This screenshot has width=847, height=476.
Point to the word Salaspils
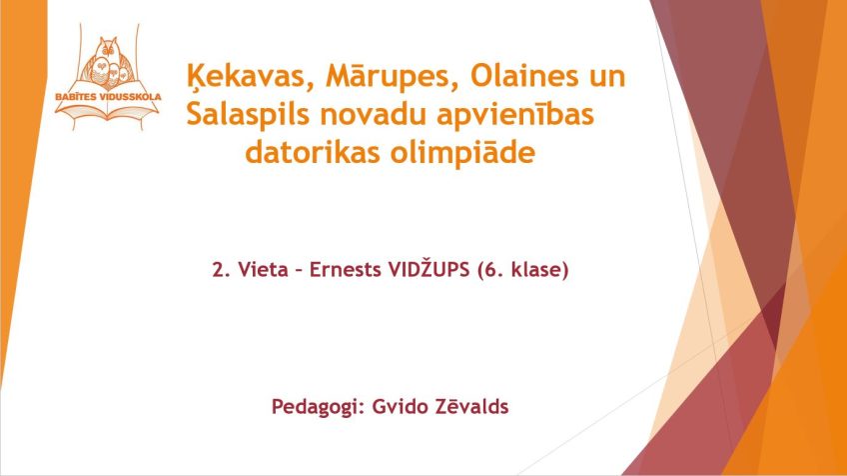click(248, 115)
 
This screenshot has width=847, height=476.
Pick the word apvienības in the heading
click(515, 115)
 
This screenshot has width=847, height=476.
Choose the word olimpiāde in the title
click(462, 153)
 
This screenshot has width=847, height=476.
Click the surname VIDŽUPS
click(428, 269)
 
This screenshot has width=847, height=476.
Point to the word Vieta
click(263, 269)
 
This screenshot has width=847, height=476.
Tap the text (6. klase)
click(523, 269)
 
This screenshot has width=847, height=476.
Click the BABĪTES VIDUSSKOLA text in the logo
click(108, 97)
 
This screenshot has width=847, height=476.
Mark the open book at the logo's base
click(108, 111)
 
